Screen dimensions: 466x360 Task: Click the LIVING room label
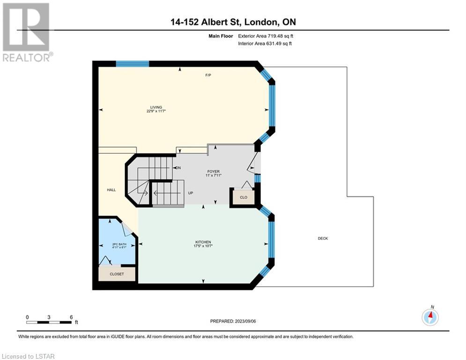pyautogui.click(x=156, y=107)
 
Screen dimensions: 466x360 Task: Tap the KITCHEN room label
pyautogui.click(x=203, y=242)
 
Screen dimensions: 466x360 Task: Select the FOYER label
pyautogui.click(x=214, y=172)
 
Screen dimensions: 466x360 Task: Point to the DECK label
pyautogui.click(x=323, y=238)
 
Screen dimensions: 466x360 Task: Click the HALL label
pyautogui.click(x=111, y=190)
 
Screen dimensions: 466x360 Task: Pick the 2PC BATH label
pyautogui.click(x=119, y=244)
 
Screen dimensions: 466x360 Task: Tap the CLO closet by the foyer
pyautogui.click(x=244, y=197)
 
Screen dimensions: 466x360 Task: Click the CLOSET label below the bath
pyautogui.click(x=117, y=274)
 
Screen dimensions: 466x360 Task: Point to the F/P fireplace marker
pyautogui.click(x=208, y=75)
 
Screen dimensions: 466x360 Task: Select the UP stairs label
pyautogui.click(x=191, y=193)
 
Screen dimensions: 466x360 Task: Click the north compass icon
pyautogui.click(x=430, y=316)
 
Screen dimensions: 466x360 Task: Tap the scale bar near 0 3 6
pyautogui.click(x=49, y=322)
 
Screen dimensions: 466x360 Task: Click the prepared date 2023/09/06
pyautogui.click(x=245, y=321)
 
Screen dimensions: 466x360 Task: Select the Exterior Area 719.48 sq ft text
pyautogui.click(x=266, y=36)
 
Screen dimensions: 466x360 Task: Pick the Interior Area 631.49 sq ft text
pyautogui.click(x=265, y=44)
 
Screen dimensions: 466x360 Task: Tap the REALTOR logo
pyautogui.click(x=27, y=32)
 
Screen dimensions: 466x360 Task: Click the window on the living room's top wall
pyautogui.click(x=132, y=64)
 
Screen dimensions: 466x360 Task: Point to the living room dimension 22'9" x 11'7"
pyautogui.click(x=156, y=111)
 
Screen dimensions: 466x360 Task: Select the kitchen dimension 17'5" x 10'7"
pyautogui.click(x=203, y=246)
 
